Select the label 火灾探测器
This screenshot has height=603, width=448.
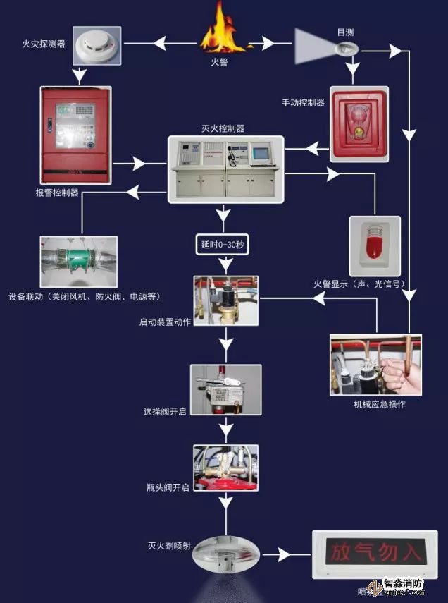click(x=44, y=44)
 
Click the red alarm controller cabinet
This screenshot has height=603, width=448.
click(x=74, y=134)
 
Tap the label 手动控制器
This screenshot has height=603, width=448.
click(x=303, y=103)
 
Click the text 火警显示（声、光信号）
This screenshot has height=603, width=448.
click(x=360, y=284)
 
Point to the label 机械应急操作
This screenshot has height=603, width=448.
click(x=379, y=405)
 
